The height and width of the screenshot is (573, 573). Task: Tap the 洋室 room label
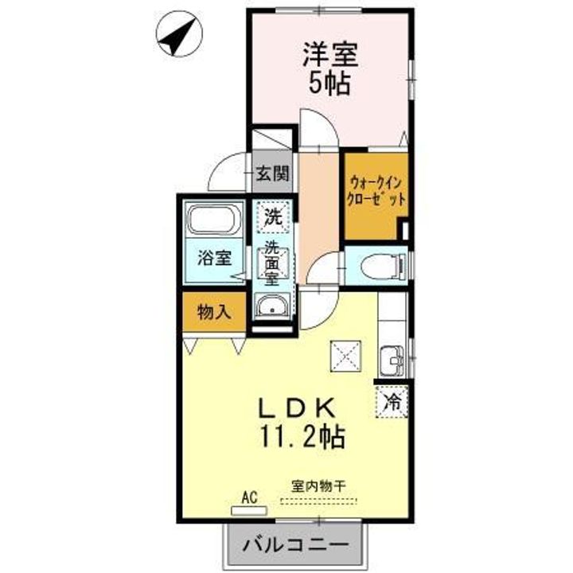click(330, 55)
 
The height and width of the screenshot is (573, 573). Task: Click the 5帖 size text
click(329, 84)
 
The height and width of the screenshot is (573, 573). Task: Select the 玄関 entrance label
click(272, 173)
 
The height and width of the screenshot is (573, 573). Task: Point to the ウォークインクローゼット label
click(376, 191)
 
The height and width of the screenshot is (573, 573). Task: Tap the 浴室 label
click(215, 258)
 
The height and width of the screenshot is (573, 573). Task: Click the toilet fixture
click(384, 266)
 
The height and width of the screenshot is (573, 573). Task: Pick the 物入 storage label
click(214, 312)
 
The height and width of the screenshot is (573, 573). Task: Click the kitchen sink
click(392, 361)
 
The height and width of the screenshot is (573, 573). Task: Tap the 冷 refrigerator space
click(392, 401)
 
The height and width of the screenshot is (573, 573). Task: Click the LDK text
click(297, 407)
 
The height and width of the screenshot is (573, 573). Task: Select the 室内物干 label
click(318, 486)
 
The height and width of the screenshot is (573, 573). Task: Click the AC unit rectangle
click(249, 510)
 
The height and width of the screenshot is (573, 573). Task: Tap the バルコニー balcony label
click(295, 546)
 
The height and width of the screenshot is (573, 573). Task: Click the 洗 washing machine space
click(274, 217)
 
